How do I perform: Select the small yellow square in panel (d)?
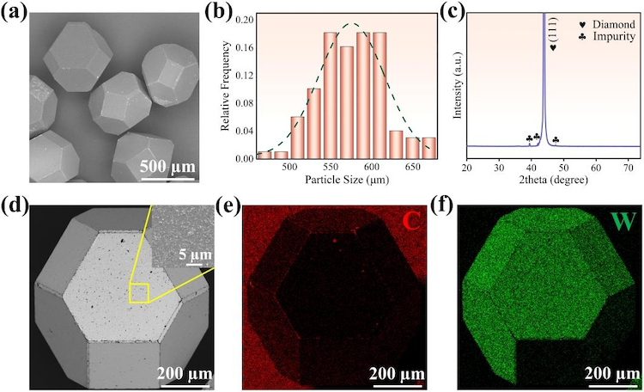coord(138,293)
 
